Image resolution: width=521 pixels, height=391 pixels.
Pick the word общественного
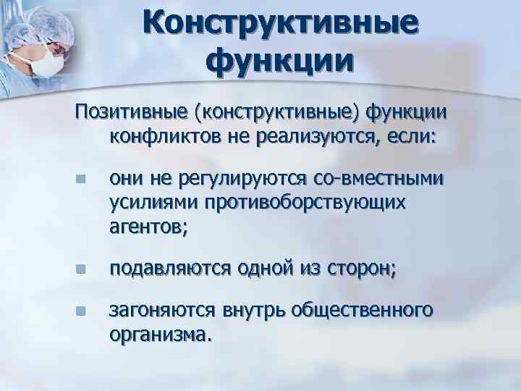click(363, 310)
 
